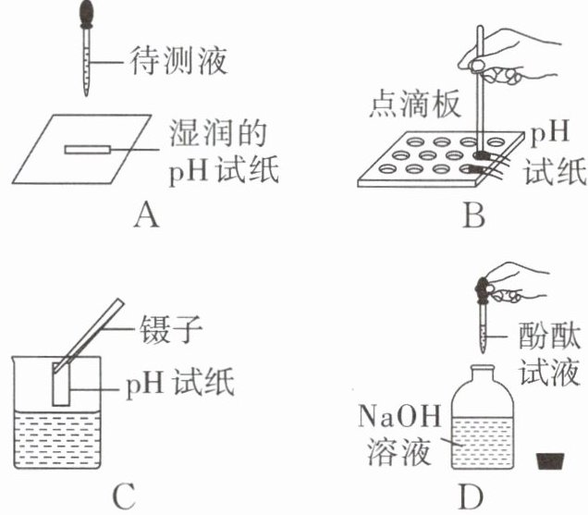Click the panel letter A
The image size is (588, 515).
[x=145, y=215]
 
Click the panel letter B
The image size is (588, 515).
[x=473, y=215]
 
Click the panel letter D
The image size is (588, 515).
[x=472, y=497]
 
